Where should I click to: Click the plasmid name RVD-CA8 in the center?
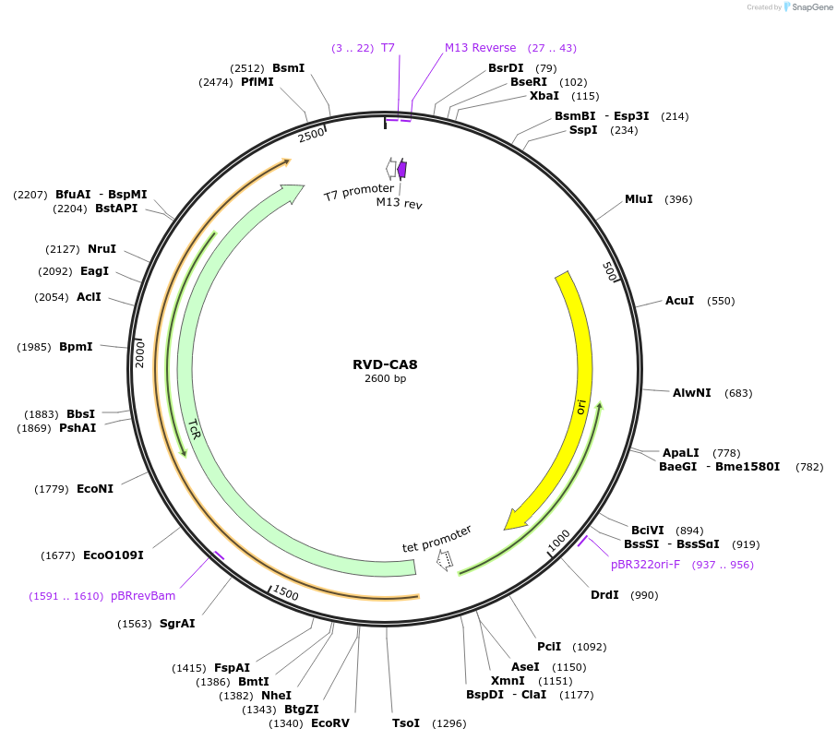click(x=385, y=364)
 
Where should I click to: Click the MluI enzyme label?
click(x=639, y=199)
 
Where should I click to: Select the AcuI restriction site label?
click(x=679, y=301)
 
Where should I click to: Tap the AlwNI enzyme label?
click(x=691, y=393)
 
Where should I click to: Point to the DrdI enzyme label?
click(x=604, y=595)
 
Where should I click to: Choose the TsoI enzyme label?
click(x=405, y=723)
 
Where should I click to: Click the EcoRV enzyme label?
click(x=330, y=723)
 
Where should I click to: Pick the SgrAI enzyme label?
click(x=177, y=624)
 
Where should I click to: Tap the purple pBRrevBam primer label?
click(x=143, y=596)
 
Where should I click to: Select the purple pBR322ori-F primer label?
click(x=645, y=565)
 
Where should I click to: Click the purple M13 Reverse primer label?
click(x=480, y=48)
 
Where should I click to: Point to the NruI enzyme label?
click(x=102, y=249)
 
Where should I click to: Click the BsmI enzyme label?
click(x=288, y=67)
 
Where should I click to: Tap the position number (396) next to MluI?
click(x=678, y=199)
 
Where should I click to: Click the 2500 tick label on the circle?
click(x=312, y=135)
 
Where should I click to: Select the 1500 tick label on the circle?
click(x=285, y=593)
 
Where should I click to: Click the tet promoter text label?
click(x=436, y=540)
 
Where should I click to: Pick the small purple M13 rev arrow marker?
click(x=402, y=169)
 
